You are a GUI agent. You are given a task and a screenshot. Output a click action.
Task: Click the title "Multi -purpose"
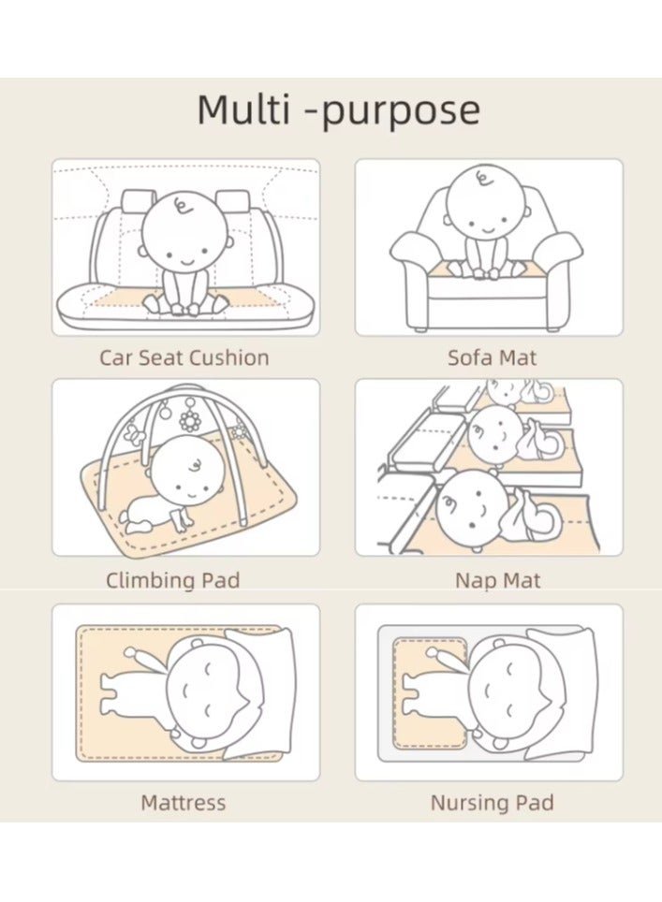(338, 109)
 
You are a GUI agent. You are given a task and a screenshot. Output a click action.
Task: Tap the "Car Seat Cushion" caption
(184, 357)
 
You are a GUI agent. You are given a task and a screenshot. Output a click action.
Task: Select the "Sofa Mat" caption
(493, 357)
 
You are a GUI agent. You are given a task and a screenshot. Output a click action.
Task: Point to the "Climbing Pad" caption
(172, 580)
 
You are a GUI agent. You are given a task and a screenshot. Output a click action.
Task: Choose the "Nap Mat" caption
(498, 580)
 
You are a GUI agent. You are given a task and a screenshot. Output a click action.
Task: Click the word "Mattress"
(184, 803)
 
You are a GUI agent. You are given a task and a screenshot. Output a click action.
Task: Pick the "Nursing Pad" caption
(493, 803)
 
